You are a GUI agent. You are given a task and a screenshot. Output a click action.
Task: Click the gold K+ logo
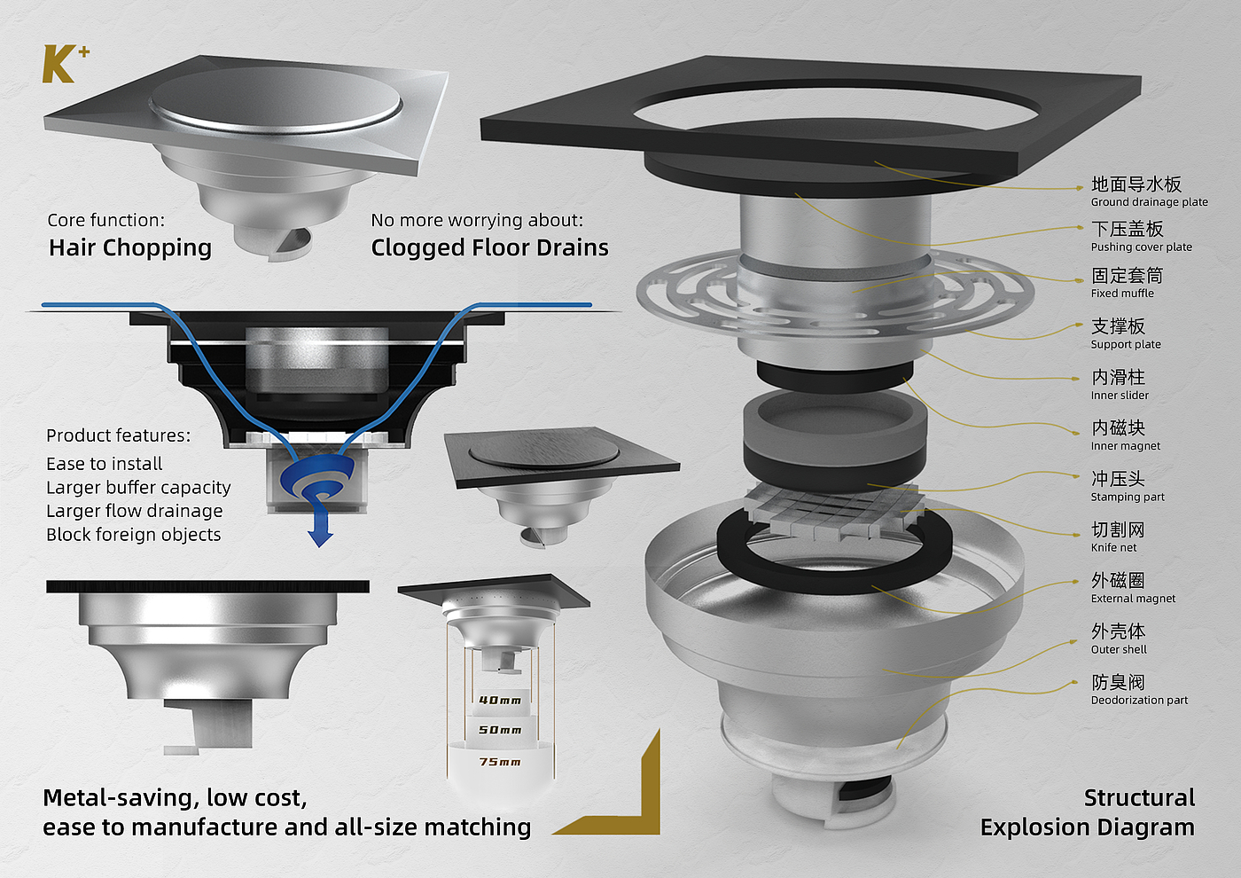[66, 64]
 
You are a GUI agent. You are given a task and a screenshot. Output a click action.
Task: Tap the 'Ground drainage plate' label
[1149, 202]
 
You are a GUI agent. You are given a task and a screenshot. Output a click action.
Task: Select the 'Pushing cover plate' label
[1142, 247]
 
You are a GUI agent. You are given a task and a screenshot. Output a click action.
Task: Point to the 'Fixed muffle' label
[1122, 294]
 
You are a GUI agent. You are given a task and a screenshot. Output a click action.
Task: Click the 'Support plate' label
[1126, 344]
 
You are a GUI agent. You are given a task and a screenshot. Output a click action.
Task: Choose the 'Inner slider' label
[1120, 396]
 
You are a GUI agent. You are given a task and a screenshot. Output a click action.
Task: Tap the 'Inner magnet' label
[1125, 445]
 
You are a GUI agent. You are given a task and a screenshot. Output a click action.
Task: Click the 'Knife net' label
[1113, 548]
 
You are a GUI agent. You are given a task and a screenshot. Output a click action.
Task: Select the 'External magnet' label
[1133, 599]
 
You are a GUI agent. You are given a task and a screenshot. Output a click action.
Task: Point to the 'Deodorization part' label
[1139, 700]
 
